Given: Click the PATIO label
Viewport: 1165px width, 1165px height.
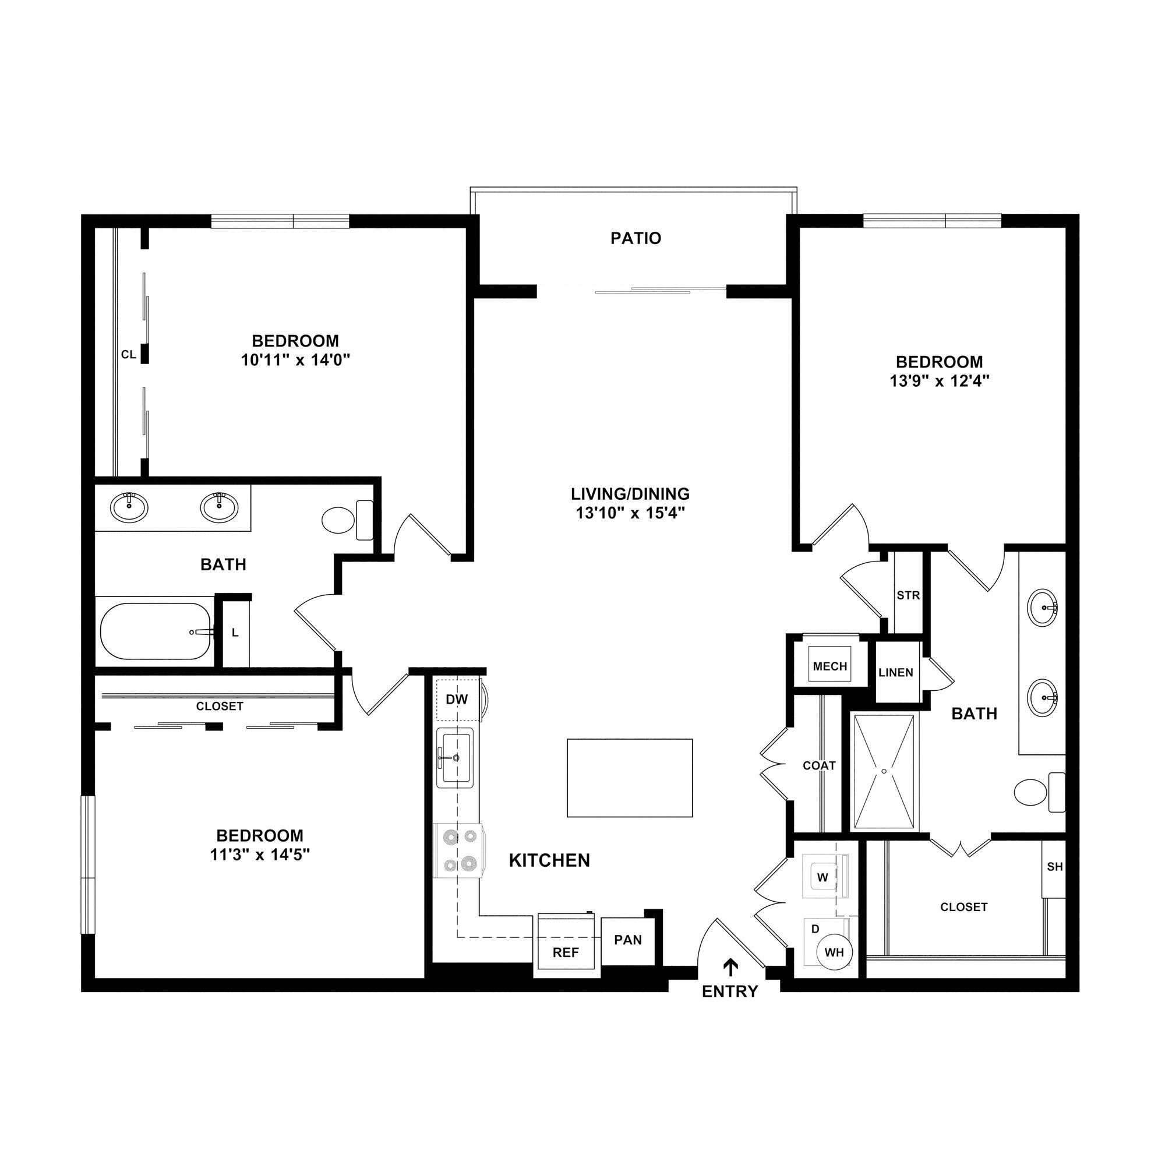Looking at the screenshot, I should (636, 238).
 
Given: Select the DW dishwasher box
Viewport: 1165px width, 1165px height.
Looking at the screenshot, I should (457, 700).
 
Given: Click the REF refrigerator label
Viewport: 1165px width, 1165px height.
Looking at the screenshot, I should (565, 953).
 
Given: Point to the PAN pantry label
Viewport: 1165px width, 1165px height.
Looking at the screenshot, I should (628, 940).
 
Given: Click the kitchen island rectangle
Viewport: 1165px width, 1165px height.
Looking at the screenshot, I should (630, 778).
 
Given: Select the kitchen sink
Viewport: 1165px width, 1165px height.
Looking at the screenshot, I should (456, 757).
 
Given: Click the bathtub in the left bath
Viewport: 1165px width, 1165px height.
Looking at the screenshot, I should (156, 631).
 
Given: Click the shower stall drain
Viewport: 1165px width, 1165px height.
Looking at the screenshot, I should (884, 771).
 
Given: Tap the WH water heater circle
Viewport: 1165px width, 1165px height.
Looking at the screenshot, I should (834, 953).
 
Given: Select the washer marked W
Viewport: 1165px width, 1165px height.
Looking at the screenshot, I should (823, 877).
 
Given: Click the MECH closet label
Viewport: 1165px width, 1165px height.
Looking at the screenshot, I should (829, 666).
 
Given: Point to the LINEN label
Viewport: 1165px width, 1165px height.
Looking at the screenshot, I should (895, 672).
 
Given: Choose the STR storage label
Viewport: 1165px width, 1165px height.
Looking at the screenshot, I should (908, 596).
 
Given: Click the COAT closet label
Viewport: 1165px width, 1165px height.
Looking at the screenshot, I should (819, 766).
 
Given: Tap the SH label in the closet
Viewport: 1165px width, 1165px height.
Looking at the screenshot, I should (1055, 867).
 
